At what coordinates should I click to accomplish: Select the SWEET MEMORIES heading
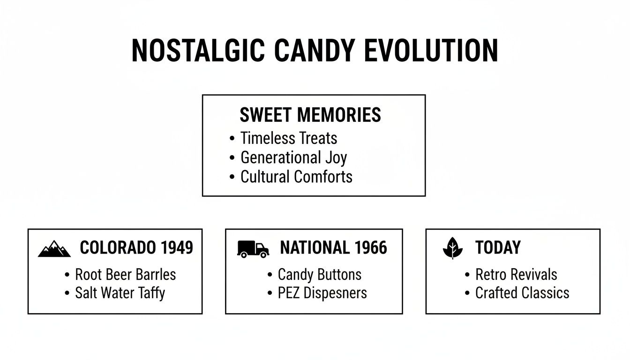click(x=310, y=115)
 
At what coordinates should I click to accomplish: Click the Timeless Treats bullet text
click(x=288, y=138)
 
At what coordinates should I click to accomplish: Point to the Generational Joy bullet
click(x=293, y=157)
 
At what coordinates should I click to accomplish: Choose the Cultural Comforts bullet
click(x=296, y=177)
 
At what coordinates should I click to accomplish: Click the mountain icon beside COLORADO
click(x=54, y=249)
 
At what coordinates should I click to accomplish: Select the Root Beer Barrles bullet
click(x=125, y=274)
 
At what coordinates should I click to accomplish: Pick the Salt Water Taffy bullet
click(x=120, y=293)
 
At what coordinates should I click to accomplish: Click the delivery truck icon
click(x=253, y=249)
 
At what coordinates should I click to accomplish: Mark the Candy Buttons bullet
click(x=320, y=274)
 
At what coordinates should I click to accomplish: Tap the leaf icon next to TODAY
click(x=452, y=248)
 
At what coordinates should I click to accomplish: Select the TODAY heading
click(x=498, y=247)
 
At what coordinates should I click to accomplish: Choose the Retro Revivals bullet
click(x=516, y=274)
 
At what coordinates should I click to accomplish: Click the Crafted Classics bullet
click(x=522, y=293)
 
